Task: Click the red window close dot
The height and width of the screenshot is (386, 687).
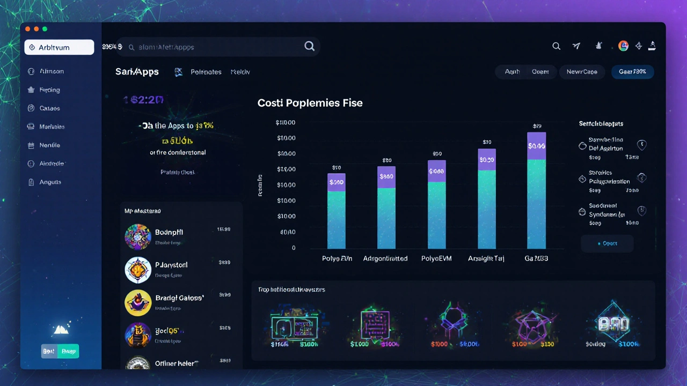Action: click(x=28, y=28)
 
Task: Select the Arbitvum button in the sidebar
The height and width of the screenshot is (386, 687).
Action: click(x=59, y=47)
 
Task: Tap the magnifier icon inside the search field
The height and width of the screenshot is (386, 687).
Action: click(x=309, y=47)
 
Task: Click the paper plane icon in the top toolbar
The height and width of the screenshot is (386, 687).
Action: click(x=576, y=47)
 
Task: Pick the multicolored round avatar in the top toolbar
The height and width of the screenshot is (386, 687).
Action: click(x=623, y=46)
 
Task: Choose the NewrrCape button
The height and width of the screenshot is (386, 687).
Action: click(x=582, y=72)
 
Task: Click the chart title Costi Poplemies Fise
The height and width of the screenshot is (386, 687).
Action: click(x=310, y=103)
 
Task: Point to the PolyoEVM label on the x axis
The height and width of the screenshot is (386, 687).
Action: click(x=436, y=258)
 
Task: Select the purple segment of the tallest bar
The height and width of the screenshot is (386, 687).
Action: click(x=537, y=146)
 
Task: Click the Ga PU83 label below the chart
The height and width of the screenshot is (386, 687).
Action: click(x=536, y=258)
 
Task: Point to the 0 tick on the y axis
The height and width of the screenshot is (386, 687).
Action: click(x=294, y=248)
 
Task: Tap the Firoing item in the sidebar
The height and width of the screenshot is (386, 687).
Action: click(x=49, y=90)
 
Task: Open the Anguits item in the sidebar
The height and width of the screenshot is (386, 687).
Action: click(x=50, y=182)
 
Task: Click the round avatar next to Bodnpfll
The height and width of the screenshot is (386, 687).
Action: click(x=137, y=237)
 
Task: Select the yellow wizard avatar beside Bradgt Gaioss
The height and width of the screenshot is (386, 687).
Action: click(x=137, y=303)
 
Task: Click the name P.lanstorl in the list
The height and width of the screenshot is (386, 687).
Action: click(x=171, y=265)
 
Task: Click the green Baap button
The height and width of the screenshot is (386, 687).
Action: click(x=69, y=351)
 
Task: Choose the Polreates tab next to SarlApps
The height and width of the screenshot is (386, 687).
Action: click(x=206, y=72)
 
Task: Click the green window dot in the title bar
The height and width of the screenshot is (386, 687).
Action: click(x=45, y=28)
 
